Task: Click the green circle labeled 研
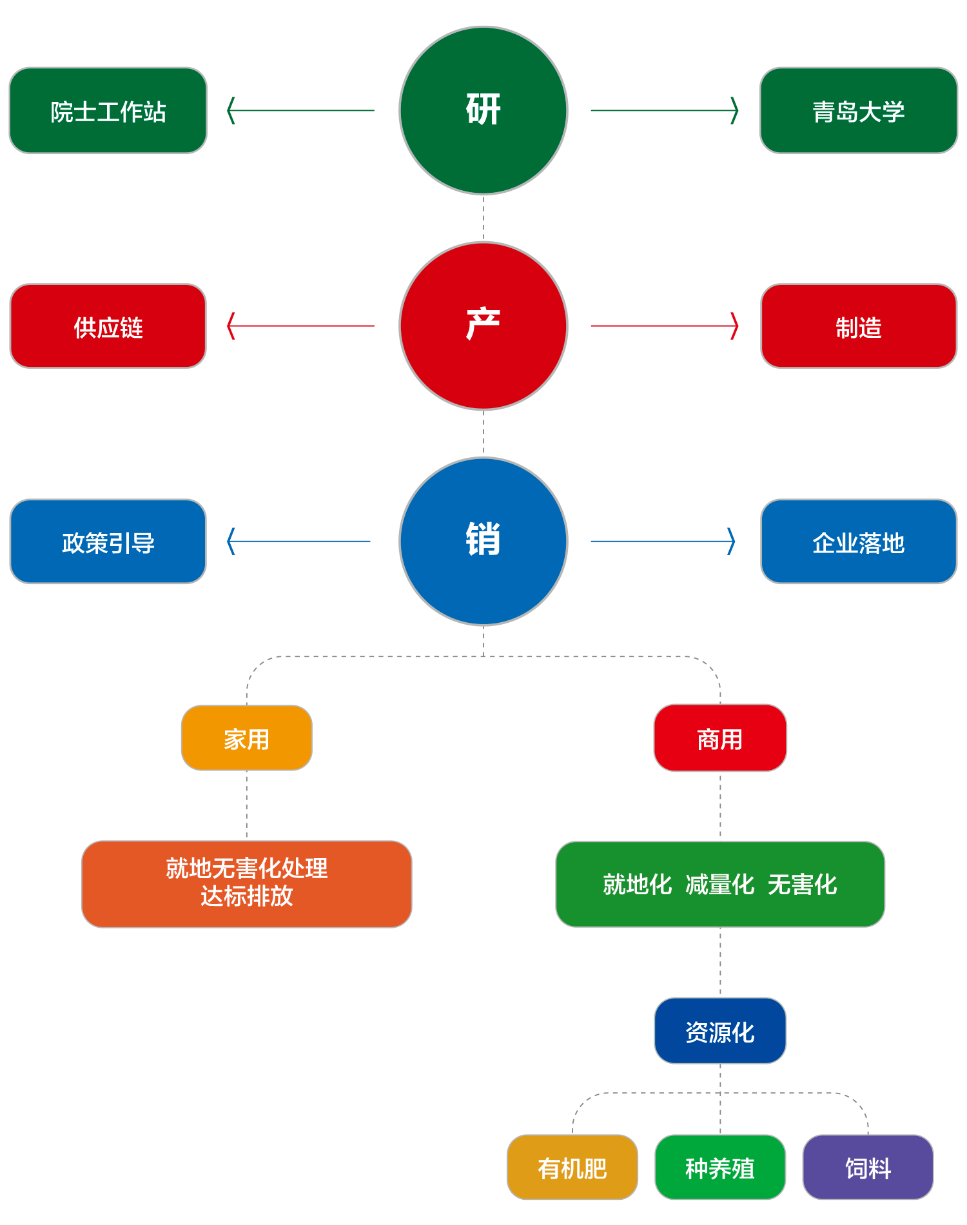[x=484, y=110]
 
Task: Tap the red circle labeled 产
[x=484, y=326]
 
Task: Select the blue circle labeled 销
[x=484, y=541]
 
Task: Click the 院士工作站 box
[x=108, y=111]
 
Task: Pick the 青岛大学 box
[x=859, y=111]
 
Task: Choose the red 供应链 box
[x=108, y=326]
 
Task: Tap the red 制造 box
[x=859, y=326]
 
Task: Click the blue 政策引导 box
[x=108, y=542]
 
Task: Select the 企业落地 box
[x=859, y=542]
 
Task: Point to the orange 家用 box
[x=247, y=738]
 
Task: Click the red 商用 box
[x=720, y=738]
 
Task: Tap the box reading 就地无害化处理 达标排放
[x=247, y=884]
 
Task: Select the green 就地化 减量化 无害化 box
[x=720, y=884]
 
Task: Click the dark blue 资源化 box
[x=720, y=1031]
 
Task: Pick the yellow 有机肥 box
[x=572, y=1168]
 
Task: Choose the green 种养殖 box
[x=720, y=1168]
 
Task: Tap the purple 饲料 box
[x=868, y=1168]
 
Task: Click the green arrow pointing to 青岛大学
[x=664, y=110]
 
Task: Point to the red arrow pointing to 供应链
[x=301, y=326]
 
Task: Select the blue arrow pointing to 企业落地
[x=663, y=541]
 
